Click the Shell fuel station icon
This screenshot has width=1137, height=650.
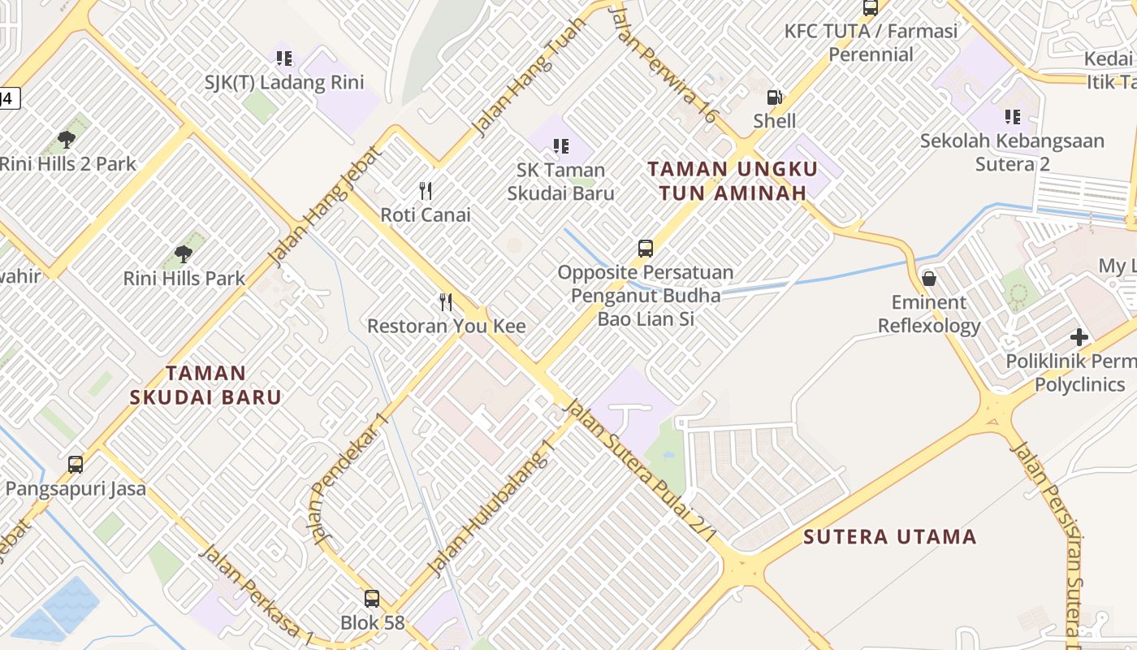775,97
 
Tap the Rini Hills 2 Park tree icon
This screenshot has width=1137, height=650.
67,140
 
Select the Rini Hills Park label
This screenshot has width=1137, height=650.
184,279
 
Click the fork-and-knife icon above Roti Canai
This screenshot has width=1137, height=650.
426,191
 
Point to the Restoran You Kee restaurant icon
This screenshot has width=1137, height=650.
446,302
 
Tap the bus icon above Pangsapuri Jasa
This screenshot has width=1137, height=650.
76,465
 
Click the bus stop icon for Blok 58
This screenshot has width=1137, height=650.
372,599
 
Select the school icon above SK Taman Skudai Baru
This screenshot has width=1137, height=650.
560,146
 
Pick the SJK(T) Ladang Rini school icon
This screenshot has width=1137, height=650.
283,58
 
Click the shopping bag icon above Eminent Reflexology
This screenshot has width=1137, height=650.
929,279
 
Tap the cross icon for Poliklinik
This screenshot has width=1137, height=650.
1079,336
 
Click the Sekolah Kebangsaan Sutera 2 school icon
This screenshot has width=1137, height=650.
1012,117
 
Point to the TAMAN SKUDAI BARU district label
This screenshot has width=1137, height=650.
205,385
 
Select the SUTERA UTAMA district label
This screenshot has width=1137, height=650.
889,537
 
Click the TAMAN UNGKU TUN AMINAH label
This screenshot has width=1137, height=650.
732,180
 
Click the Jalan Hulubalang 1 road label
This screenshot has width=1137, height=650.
492,508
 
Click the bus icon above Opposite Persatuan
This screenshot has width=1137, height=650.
646,249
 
